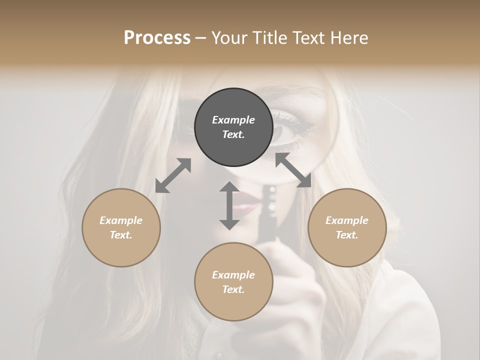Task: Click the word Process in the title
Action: [157, 38]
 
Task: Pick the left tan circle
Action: [121, 227]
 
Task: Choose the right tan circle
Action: [347, 227]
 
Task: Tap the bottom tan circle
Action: [233, 281]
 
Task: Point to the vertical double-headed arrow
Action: [229, 205]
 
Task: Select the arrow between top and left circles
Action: [173, 175]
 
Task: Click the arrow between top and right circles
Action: [293, 170]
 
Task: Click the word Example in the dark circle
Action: [233, 120]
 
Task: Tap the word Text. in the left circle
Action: [121, 235]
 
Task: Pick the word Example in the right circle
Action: [347, 220]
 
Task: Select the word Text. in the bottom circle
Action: [233, 289]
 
